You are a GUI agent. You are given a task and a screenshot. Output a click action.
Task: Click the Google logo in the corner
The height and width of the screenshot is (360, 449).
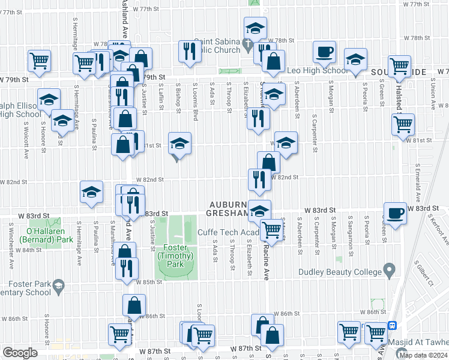click(x=19, y=352)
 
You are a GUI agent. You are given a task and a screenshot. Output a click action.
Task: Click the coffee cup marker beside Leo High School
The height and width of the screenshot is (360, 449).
click(x=325, y=52)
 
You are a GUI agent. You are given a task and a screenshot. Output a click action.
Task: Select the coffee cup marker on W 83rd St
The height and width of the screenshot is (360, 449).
click(x=396, y=214)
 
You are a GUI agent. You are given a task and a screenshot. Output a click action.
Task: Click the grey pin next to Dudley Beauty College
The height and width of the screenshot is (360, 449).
click(x=390, y=271)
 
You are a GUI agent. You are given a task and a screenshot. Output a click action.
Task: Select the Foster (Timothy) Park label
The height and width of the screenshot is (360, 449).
click(x=175, y=252)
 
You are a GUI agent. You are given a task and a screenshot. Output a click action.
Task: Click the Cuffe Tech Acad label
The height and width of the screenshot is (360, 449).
click(x=229, y=232)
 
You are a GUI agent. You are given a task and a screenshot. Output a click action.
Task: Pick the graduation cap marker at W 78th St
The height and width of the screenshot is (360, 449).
click(x=255, y=28)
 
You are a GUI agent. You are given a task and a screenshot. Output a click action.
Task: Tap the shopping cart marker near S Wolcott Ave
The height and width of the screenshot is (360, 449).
click(x=39, y=60)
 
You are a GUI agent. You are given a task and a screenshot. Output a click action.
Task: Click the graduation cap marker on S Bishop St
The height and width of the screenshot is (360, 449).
click(x=179, y=143)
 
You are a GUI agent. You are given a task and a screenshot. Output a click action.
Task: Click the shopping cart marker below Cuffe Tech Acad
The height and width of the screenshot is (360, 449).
click(x=273, y=229)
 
